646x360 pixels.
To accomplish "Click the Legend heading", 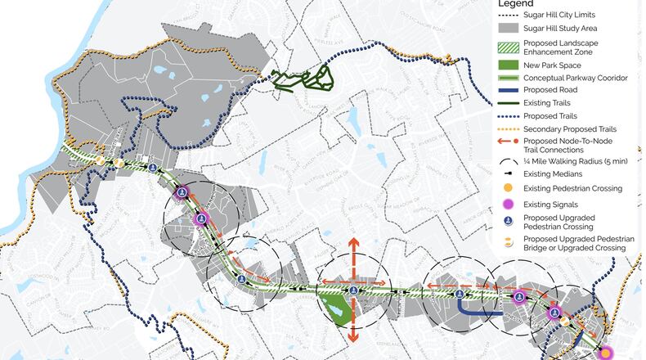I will click(x=520, y=4).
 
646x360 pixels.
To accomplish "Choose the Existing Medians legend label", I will click(x=554, y=173).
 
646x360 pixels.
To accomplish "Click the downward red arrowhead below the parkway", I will click(x=352, y=338).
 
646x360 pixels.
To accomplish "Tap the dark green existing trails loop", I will click(x=303, y=79).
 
